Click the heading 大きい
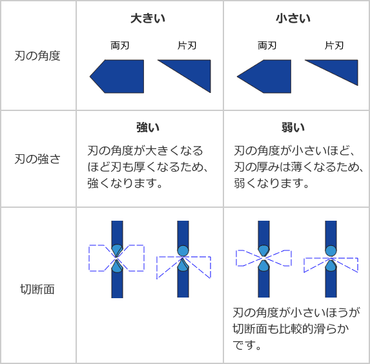pos(148,19)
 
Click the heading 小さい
pos(293,19)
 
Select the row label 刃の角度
pos(37,56)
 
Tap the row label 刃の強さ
pos(37,159)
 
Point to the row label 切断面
pos(37,289)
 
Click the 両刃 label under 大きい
pos(120,46)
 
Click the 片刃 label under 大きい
pos(187,46)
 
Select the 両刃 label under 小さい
pos(267,46)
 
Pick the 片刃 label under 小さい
pos(334,46)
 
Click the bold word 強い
pos(148,127)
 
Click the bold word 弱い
pos(293,127)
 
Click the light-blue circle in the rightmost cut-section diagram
pos(331,251)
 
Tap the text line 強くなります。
pos(125,183)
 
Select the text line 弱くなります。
pos(272,183)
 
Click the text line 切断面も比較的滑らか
pos(291,329)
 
